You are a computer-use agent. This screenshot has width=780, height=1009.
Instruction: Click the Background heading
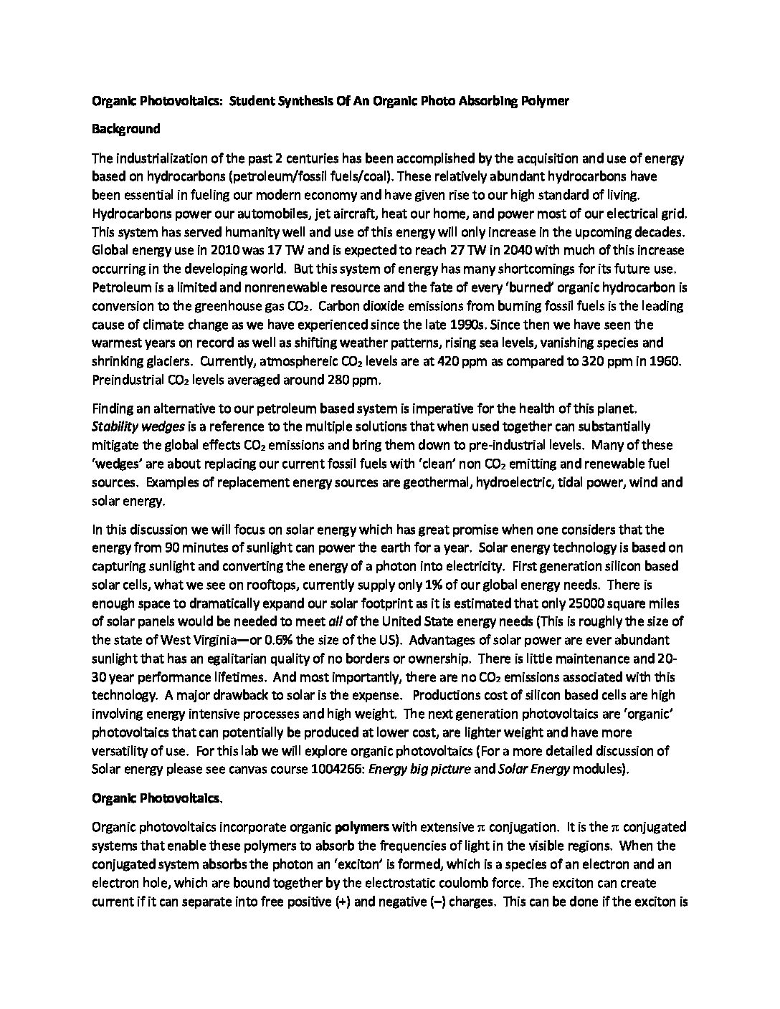point(125,130)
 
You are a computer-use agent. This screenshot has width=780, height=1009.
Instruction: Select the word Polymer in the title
point(544,101)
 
